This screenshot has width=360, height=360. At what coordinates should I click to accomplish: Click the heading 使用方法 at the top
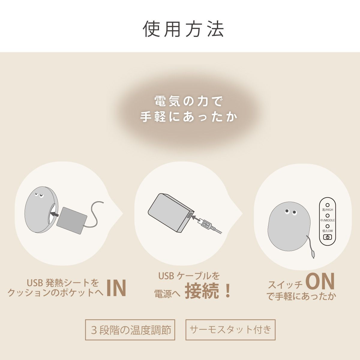(183, 29)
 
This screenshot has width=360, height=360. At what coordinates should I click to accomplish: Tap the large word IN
(116, 288)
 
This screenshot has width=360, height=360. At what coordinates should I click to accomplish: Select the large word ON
(320, 282)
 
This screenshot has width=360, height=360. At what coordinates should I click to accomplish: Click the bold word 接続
(202, 291)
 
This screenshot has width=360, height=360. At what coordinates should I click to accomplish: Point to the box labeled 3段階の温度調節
(130, 330)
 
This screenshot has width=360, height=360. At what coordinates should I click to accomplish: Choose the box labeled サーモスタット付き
(230, 330)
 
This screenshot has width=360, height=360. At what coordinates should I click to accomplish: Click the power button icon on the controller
(328, 237)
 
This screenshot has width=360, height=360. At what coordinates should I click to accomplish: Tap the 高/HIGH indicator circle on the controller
(328, 205)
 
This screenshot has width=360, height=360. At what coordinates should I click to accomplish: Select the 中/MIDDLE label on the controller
(328, 220)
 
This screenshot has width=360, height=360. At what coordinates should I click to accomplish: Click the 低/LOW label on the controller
(328, 231)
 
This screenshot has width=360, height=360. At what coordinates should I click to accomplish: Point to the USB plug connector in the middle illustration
(207, 224)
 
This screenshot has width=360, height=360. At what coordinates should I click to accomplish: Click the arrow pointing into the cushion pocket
(54, 214)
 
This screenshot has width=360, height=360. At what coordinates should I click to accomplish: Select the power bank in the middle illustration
(169, 211)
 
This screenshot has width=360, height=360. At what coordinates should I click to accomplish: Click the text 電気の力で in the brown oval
(188, 101)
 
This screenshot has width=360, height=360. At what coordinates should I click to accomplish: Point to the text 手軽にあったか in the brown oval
(188, 117)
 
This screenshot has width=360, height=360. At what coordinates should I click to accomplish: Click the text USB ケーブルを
(189, 276)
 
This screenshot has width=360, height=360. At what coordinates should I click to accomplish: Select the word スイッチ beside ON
(285, 284)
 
